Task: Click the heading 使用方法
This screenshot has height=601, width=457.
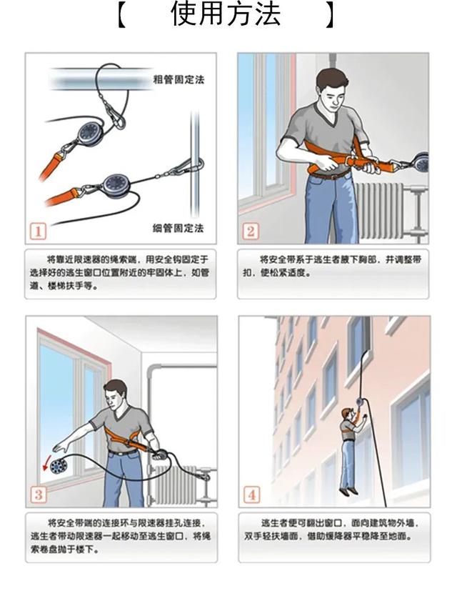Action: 226,14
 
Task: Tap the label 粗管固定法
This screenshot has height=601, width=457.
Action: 179,80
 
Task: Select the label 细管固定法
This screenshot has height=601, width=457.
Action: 178,228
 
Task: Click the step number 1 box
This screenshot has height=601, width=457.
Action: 38,231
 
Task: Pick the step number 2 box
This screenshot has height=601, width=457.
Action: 251,231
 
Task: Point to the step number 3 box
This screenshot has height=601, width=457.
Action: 39,495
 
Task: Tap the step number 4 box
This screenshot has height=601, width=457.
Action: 251,495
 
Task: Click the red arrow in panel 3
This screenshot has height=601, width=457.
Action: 46,465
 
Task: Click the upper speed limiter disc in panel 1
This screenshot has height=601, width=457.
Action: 91,133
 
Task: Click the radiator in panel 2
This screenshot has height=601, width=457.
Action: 379,210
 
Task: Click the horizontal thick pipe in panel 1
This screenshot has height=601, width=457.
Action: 101,79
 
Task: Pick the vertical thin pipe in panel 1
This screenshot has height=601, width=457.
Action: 195,165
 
